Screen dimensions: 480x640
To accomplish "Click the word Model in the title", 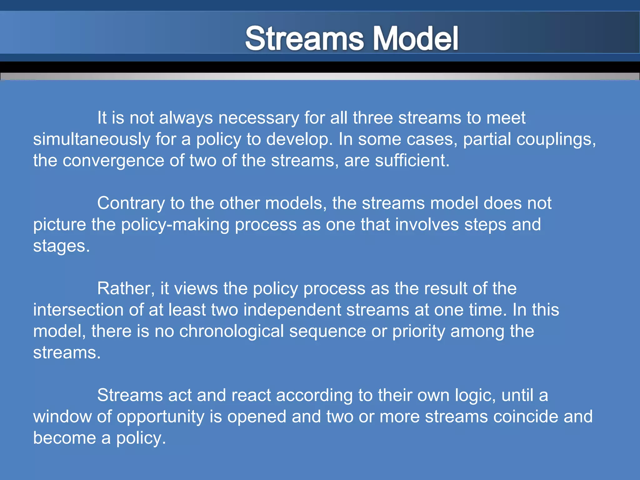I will point(416,38).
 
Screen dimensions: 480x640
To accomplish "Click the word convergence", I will point(113,161).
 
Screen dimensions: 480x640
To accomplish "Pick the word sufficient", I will point(412,161).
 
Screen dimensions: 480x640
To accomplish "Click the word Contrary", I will point(131,203).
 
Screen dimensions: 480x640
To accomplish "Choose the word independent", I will point(292,310).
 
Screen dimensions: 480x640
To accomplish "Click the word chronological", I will point(231,331).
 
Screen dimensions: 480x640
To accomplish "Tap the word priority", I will point(419,331).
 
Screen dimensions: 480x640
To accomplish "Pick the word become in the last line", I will point(64,438).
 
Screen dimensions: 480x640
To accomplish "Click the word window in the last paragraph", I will point(62,417).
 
